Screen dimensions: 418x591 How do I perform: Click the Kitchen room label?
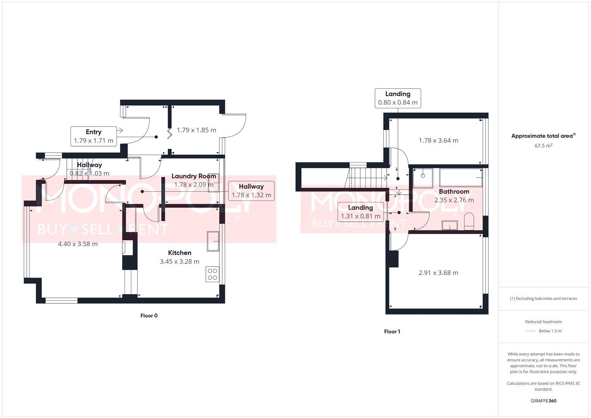coord(180,253)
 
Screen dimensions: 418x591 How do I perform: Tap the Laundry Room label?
coord(194,176)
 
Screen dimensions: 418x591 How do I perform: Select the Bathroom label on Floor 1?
coord(454,192)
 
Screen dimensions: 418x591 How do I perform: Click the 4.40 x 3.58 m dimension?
coord(78,244)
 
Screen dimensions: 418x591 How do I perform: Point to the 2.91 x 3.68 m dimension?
coord(438,273)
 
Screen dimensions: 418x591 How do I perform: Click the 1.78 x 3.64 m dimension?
coord(438,140)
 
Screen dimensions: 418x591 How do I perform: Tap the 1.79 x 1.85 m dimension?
coord(196,130)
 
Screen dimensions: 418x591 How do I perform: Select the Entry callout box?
coord(94,136)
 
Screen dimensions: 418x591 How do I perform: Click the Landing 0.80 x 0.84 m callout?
coord(397,98)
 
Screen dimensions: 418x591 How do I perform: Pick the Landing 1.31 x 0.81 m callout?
coord(360,212)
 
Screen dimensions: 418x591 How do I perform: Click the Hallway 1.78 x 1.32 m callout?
coord(251,191)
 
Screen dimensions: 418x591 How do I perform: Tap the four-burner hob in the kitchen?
coord(212,274)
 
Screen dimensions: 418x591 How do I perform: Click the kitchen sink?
coord(213,242)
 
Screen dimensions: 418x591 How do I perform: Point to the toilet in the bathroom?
coord(469,221)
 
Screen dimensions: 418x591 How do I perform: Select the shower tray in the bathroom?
coord(423,177)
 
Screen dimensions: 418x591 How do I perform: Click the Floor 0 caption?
coord(149,316)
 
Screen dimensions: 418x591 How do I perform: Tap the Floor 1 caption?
coord(392,332)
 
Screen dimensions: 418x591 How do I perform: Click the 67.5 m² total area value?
coord(543,146)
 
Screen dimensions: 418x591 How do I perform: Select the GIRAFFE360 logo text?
coord(543,401)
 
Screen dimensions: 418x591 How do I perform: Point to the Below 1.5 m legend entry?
coord(550,331)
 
